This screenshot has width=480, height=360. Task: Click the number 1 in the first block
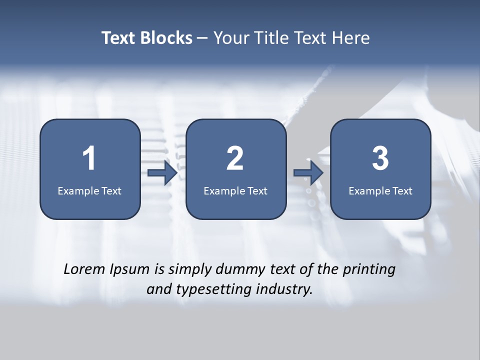point(89,158)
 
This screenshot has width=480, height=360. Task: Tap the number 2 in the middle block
point(235,158)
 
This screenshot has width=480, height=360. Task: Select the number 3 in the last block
point(380,158)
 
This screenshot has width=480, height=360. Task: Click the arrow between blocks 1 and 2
point(162,173)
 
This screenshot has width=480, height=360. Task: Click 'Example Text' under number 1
point(89,190)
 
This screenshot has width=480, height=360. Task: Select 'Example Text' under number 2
point(235,190)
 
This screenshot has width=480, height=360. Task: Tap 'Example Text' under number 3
point(380,190)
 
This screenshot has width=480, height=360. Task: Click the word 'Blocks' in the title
point(166,38)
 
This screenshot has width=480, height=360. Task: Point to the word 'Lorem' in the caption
point(84,269)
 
